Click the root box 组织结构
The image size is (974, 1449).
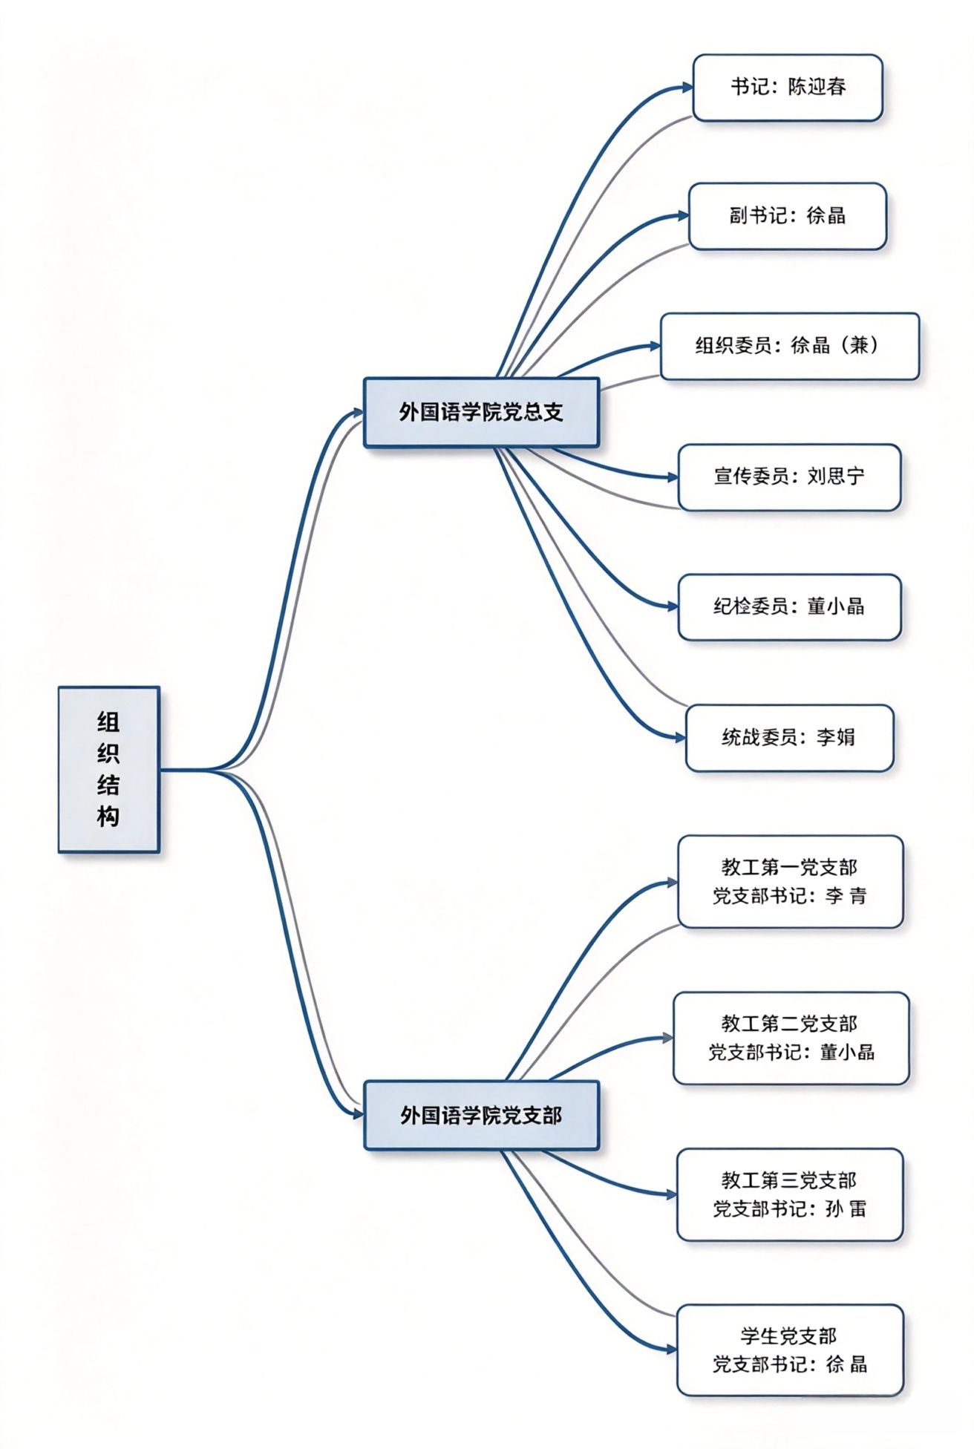point(109,769)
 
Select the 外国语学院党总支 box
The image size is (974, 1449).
point(481,413)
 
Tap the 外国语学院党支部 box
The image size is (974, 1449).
point(481,1115)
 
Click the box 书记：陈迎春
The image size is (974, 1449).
point(788,88)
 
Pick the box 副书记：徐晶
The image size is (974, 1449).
point(788,216)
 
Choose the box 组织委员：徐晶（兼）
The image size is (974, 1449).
point(790,346)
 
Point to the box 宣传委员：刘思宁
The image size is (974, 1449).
point(790,477)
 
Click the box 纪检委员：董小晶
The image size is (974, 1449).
point(790,607)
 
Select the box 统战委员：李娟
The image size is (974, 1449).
point(790,738)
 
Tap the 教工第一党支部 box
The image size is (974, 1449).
point(791,882)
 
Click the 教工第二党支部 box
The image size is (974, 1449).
point(791,1038)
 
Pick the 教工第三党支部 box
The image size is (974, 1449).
point(790,1194)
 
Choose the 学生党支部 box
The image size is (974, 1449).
point(790,1350)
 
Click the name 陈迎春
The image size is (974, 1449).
point(817,87)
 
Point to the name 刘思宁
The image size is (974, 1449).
point(836,477)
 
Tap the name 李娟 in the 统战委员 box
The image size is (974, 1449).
point(836,737)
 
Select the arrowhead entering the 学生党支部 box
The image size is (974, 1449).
point(671,1349)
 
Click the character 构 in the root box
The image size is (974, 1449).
point(108,817)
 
